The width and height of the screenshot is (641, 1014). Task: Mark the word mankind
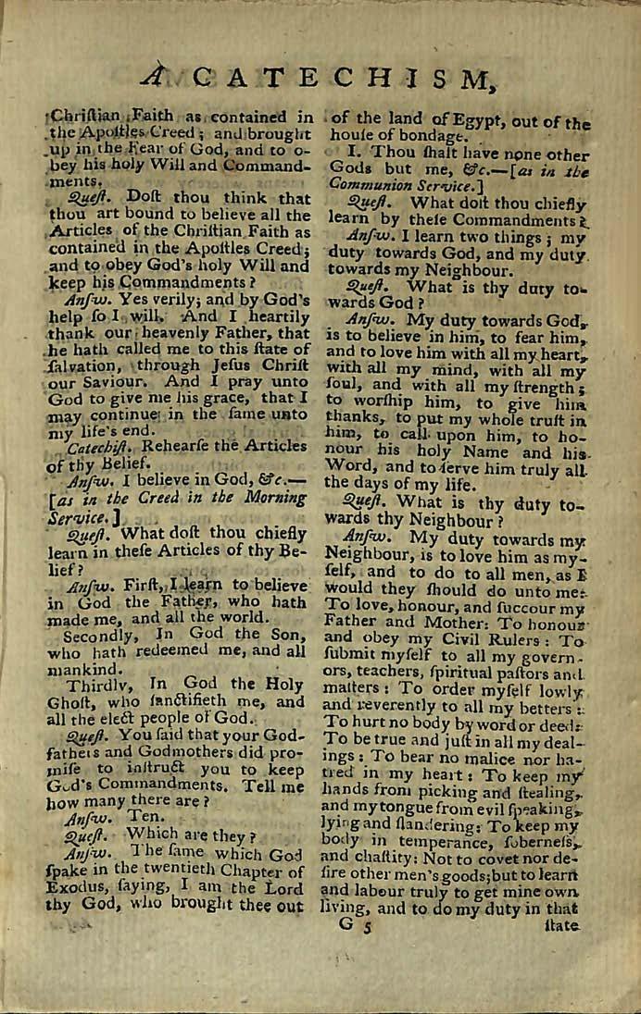point(83,667)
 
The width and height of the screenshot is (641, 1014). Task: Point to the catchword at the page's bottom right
point(563,925)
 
